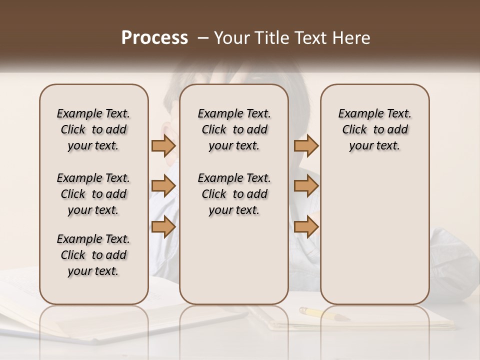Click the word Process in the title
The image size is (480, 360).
154,38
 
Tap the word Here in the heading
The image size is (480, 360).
351,38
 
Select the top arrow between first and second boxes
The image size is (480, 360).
163,145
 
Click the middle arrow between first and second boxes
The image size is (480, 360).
163,186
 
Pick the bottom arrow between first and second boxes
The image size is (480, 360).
163,226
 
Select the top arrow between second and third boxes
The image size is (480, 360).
306,145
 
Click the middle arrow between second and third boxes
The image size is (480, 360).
306,186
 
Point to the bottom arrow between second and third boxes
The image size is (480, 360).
306,226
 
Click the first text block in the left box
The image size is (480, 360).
93,129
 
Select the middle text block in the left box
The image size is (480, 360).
93,194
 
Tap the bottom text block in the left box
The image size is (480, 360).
93,255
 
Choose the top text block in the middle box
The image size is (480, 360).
234,129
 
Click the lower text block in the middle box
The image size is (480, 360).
234,194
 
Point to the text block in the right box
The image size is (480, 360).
374,129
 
